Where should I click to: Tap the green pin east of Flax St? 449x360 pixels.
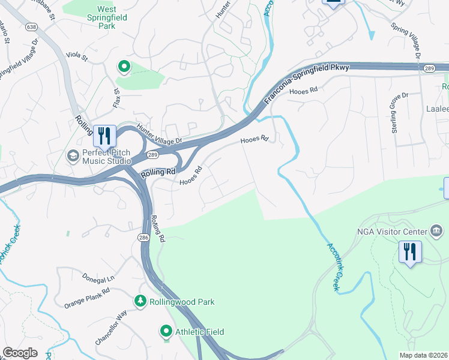124,67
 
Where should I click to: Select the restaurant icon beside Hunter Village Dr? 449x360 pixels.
104,136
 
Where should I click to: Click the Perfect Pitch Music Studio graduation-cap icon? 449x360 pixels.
73,156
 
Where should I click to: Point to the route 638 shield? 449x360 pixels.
31,27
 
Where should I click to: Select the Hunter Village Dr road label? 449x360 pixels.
159,134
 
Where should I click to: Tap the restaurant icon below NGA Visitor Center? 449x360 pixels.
410,252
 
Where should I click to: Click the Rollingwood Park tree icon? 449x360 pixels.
140,301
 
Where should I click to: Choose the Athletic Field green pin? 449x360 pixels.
166,331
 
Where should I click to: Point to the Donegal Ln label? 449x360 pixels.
98,280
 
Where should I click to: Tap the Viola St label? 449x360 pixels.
77,58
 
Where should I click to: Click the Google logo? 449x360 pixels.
20,353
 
